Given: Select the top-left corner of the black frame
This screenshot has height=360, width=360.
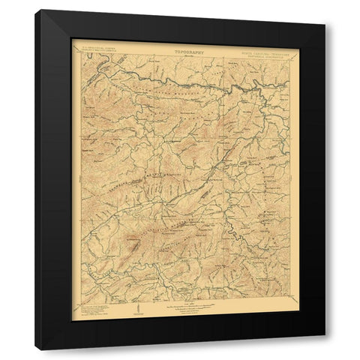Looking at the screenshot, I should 35,10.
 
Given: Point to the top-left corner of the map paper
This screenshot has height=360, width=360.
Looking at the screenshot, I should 72,39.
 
